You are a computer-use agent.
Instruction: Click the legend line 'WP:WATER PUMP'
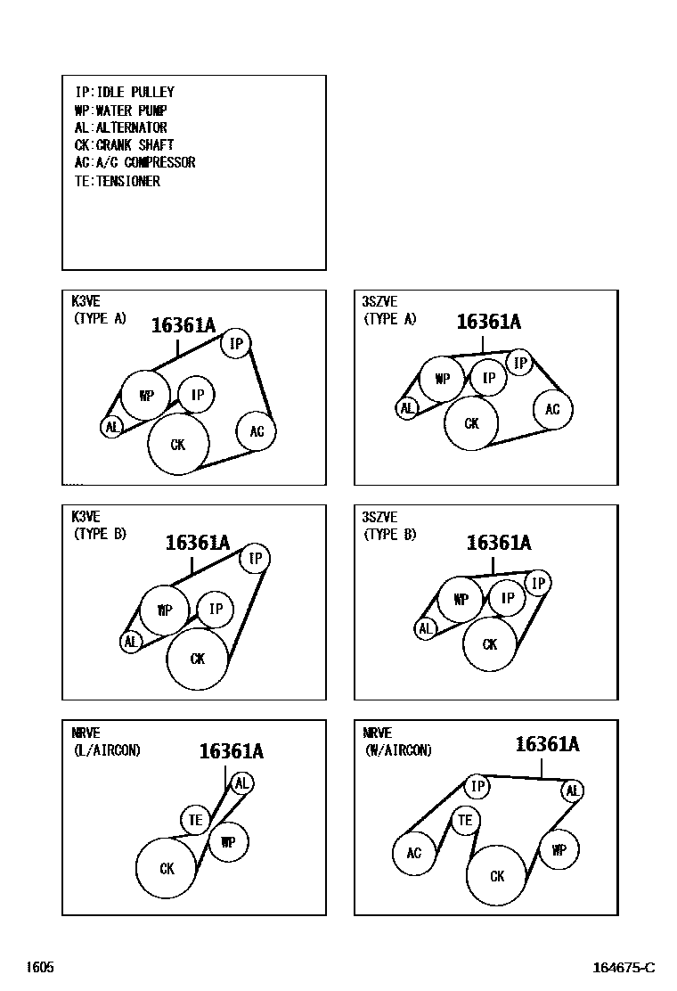[x=120, y=110]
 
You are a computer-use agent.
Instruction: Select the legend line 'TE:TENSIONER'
[x=118, y=181]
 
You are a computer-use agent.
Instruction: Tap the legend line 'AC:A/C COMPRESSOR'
[x=135, y=162]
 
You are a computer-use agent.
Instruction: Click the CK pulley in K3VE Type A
[x=178, y=445]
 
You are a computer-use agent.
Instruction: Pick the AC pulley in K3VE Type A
[x=256, y=431]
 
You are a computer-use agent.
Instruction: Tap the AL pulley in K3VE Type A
[x=111, y=427]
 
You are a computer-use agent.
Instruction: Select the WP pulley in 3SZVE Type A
[x=443, y=379]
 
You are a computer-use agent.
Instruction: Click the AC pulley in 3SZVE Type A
[x=552, y=410]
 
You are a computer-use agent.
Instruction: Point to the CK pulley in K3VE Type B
[x=197, y=659]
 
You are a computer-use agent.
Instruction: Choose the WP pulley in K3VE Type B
[x=164, y=610]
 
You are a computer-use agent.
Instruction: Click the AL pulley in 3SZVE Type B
[x=426, y=629]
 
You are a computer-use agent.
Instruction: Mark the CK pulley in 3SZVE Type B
[x=489, y=644]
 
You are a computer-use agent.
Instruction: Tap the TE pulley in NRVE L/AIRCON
[x=195, y=821]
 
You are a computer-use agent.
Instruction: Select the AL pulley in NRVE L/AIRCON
[x=242, y=783]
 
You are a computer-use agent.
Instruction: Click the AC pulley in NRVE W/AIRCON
[x=413, y=853]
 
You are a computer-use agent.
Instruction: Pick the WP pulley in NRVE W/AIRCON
[x=559, y=850]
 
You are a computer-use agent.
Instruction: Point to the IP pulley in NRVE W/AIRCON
[x=477, y=786]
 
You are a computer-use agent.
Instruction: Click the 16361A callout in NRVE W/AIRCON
[x=548, y=744]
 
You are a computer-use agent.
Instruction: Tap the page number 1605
[x=40, y=967]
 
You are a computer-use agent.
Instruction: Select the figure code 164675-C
[x=624, y=968]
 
